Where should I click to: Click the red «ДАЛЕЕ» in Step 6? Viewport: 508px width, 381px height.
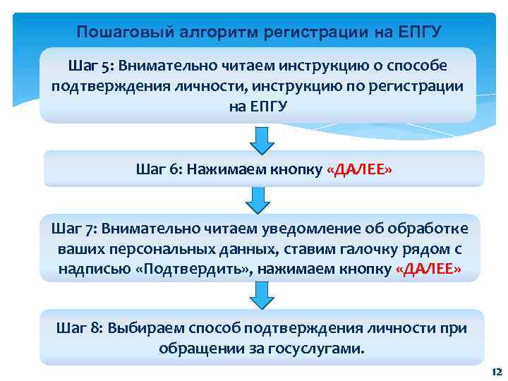(x=360, y=169)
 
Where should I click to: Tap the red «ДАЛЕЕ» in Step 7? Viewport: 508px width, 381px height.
(x=429, y=270)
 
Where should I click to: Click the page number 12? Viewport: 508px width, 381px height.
(x=495, y=372)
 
